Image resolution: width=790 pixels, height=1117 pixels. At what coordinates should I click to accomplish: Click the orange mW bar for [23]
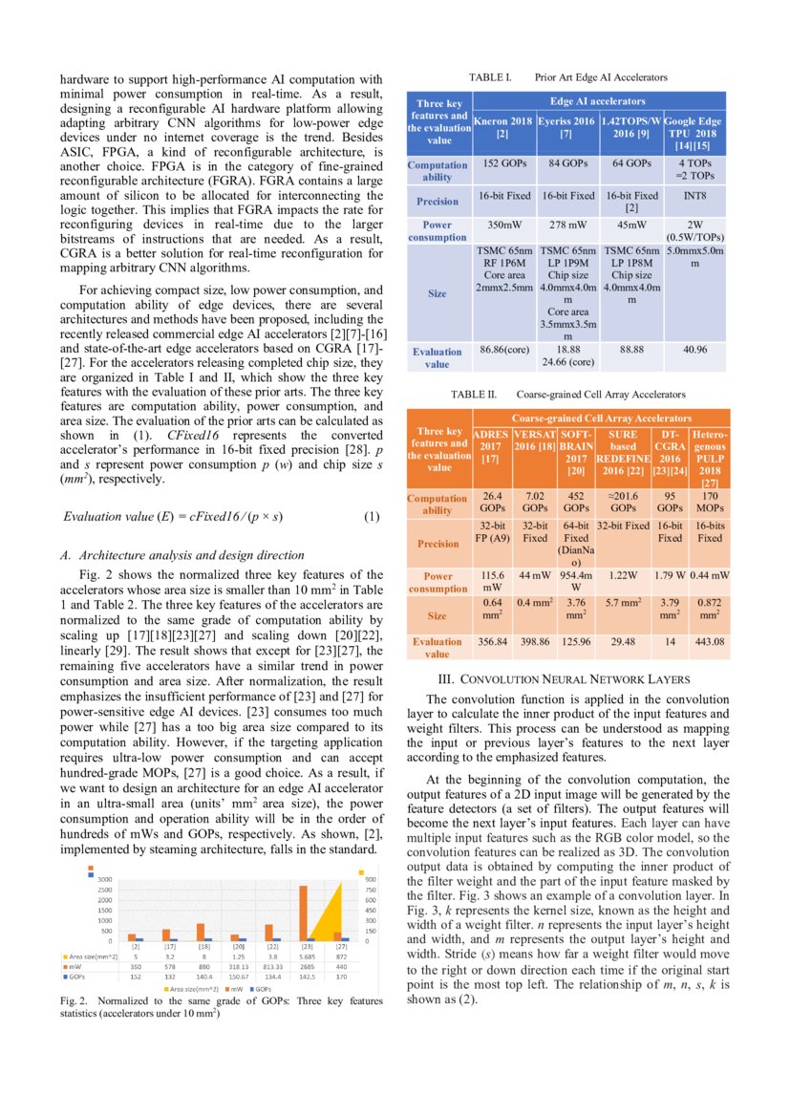(303, 913)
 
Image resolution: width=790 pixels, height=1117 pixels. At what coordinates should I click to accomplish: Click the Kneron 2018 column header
(503, 129)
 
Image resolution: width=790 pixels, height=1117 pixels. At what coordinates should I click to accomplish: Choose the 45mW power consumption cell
(630, 226)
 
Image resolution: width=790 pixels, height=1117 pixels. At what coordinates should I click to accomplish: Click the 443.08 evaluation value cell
(709, 642)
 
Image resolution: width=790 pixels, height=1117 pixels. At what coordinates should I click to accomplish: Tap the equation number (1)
(373, 517)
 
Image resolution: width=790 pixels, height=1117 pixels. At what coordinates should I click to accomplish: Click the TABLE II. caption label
(473, 394)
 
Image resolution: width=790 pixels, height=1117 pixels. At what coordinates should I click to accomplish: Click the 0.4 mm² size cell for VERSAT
(534, 603)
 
